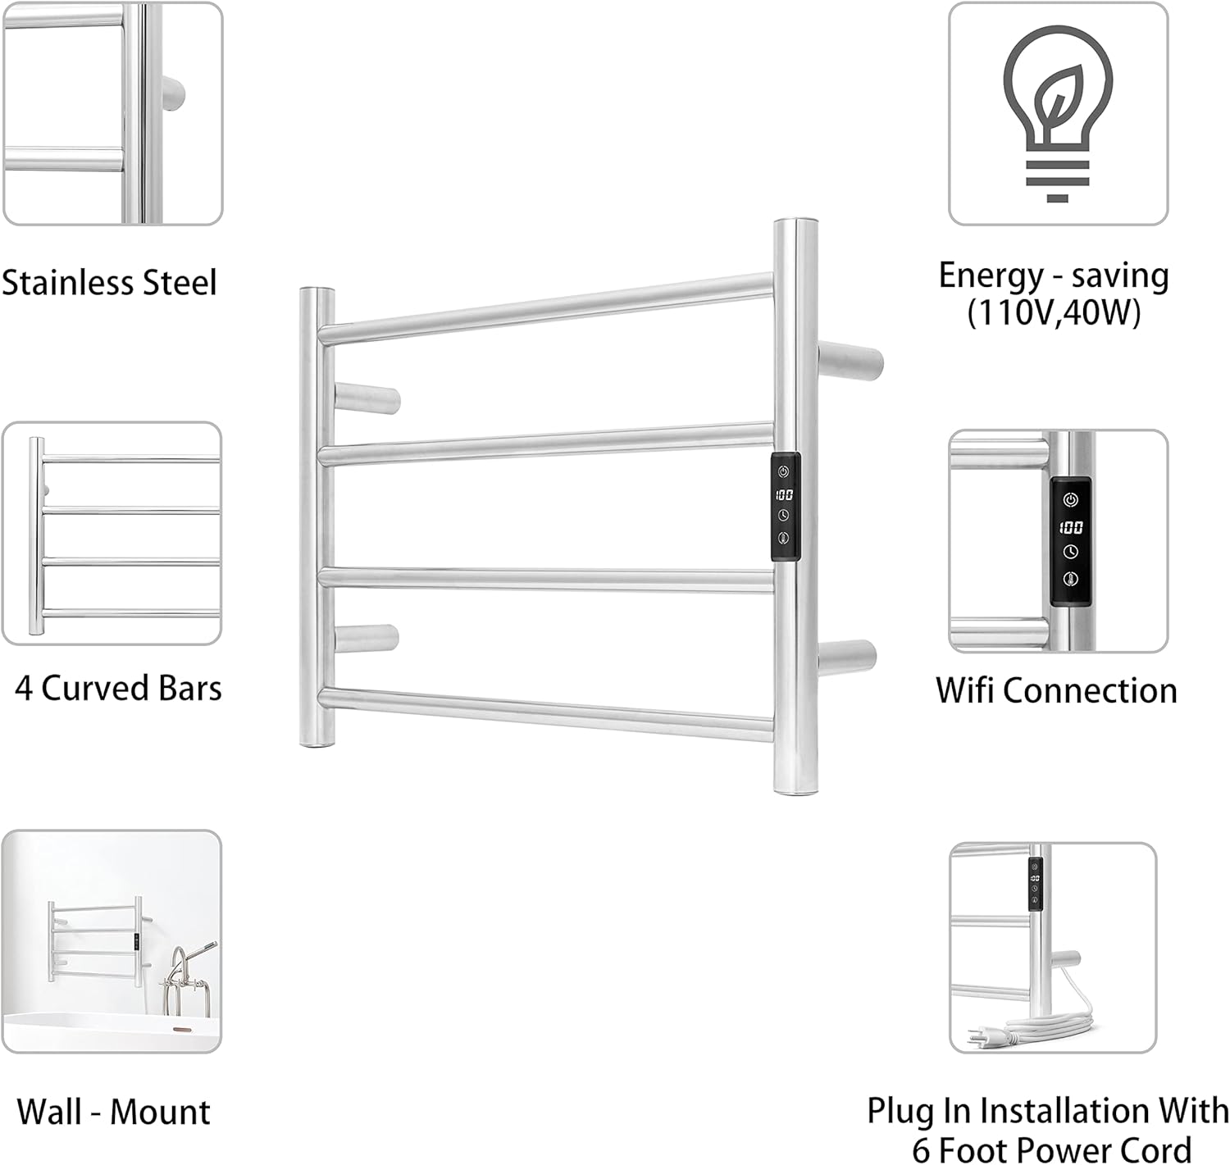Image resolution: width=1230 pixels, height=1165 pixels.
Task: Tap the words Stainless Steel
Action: click(x=109, y=283)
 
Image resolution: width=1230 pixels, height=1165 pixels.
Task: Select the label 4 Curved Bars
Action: click(x=118, y=688)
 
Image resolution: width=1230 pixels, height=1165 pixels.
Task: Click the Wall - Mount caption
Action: click(x=113, y=1112)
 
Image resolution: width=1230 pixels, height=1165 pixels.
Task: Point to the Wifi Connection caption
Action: click(x=1056, y=690)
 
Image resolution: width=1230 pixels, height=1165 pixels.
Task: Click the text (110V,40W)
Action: click(x=1054, y=313)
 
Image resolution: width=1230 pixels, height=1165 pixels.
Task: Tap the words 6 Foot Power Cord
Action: click(x=1052, y=1148)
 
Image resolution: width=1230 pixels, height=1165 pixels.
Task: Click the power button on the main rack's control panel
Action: click(x=784, y=472)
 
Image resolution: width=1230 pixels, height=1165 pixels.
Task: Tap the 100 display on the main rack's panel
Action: click(x=784, y=494)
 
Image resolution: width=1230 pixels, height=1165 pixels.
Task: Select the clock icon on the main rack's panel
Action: click(x=784, y=515)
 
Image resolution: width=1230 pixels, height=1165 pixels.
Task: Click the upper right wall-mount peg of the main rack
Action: click(x=853, y=361)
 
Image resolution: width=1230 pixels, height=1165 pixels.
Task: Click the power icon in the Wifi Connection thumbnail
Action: click(x=1071, y=499)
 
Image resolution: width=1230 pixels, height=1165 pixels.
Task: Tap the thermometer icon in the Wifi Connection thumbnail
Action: click(x=1071, y=579)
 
